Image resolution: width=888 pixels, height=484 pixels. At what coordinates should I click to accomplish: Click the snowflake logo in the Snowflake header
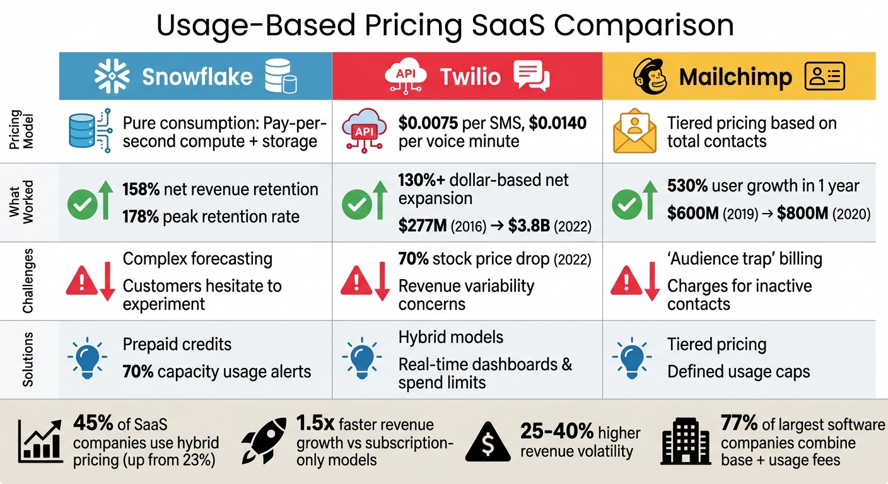(112, 77)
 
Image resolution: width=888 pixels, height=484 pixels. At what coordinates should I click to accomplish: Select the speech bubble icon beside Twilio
(531, 77)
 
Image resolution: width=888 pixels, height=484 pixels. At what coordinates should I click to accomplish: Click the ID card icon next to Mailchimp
(824, 77)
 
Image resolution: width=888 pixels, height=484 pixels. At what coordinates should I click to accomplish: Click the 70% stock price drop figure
(414, 258)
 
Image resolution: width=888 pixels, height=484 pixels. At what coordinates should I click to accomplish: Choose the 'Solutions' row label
(28, 359)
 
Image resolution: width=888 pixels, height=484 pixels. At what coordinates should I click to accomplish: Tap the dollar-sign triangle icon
(488, 441)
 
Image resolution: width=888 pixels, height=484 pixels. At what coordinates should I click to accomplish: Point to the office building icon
(686, 441)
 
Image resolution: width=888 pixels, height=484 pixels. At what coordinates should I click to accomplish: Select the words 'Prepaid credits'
(177, 345)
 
